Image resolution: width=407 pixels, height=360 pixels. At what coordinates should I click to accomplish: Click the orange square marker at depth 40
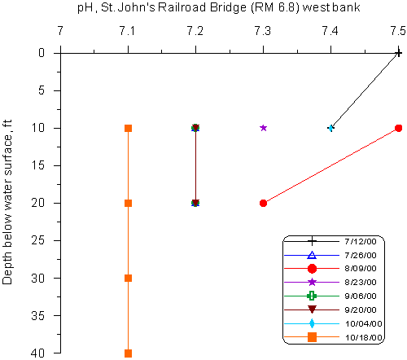click(x=128, y=353)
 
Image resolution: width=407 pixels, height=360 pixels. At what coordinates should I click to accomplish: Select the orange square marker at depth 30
click(x=128, y=278)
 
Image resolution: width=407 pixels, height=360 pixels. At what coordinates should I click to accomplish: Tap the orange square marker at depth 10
click(x=128, y=128)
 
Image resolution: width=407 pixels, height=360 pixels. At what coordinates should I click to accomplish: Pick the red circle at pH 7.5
click(x=398, y=128)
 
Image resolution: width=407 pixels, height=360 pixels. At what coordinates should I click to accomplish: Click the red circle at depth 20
click(x=263, y=203)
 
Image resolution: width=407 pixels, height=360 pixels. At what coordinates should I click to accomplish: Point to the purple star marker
click(x=263, y=128)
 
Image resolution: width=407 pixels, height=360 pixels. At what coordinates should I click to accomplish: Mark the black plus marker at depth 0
click(x=398, y=53)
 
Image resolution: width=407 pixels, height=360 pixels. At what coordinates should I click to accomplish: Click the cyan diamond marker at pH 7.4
click(x=330, y=128)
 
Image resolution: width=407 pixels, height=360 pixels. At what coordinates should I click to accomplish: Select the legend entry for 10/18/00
click(x=333, y=337)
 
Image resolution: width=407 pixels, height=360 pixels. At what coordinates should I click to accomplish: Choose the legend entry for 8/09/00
click(x=330, y=269)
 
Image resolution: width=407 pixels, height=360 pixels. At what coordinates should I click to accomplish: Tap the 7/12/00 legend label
click(x=361, y=241)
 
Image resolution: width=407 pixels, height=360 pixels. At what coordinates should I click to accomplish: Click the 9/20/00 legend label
click(x=361, y=310)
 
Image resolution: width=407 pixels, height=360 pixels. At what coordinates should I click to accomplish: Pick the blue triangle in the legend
click(x=312, y=255)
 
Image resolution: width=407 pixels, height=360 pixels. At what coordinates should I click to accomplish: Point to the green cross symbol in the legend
click(x=312, y=296)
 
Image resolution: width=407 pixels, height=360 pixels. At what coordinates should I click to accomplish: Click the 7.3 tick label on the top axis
click(x=263, y=31)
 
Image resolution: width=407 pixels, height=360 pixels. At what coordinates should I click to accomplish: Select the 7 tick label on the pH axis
click(x=60, y=31)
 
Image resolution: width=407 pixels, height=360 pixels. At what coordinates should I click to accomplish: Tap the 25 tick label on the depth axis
click(x=38, y=240)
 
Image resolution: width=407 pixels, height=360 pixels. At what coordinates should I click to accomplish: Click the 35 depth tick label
click(x=38, y=315)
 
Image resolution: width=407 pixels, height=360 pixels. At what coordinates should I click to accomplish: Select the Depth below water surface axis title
click(x=7, y=202)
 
